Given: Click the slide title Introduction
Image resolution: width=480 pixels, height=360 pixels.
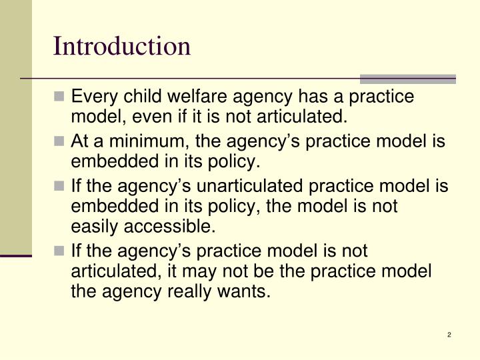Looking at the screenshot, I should [122, 46].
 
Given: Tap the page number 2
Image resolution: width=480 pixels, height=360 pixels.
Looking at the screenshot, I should [449, 335].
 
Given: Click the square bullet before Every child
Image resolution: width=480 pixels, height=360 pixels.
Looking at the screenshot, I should [61, 98].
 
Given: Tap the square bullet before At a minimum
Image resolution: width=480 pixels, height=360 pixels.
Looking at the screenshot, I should [61, 142].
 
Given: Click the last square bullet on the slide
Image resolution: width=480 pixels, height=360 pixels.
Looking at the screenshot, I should [61, 251].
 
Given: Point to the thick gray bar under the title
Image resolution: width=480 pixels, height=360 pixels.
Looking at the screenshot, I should [408, 79].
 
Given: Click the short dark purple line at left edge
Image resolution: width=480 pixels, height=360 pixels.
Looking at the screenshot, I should [16, 255].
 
